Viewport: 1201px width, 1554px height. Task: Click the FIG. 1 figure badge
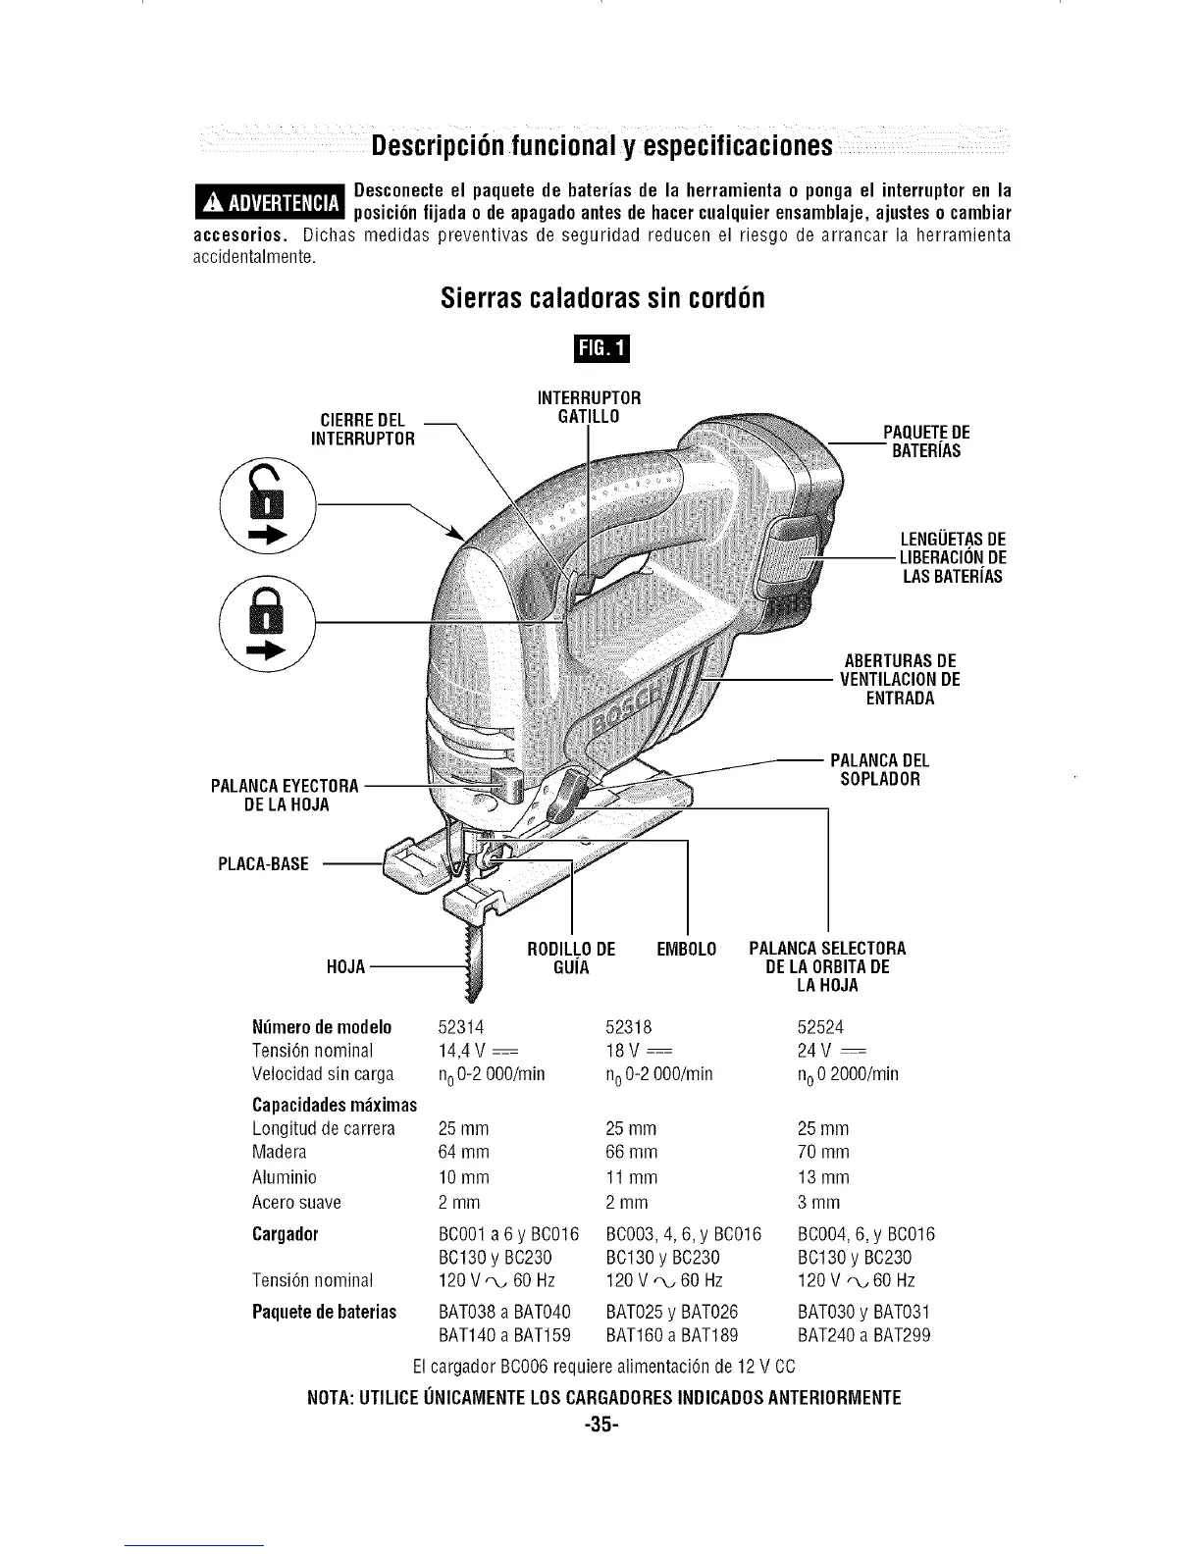[x=600, y=349]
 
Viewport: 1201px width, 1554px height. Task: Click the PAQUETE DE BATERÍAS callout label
[x=925, y=441]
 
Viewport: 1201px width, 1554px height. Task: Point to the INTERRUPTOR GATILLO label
[x=590, y=407]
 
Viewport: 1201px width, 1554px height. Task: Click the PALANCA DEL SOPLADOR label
[x=879, y=770]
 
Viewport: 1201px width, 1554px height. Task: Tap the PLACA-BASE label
[x=263, y=864]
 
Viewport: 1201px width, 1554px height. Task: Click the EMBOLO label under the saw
[x=686, y=949]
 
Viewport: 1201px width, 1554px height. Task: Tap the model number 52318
[x=629, y=1027]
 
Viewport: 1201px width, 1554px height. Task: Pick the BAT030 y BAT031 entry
[x=863, y=1312]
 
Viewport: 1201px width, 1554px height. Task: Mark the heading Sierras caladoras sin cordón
[x=601, y=297]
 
